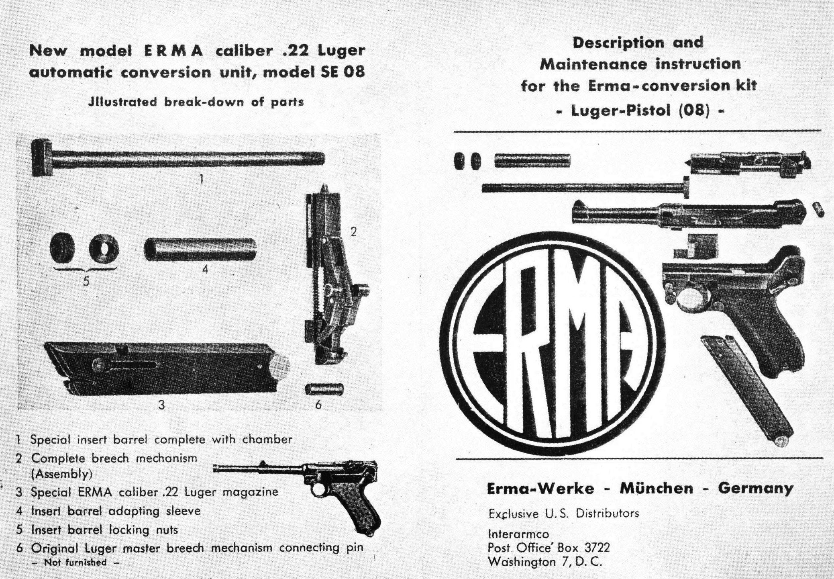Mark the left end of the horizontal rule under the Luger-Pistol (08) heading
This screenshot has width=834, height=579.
point(455,131)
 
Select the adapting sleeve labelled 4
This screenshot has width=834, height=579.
point(200,249)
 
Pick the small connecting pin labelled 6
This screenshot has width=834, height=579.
point(324,389)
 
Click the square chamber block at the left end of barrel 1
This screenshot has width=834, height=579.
point(41,157)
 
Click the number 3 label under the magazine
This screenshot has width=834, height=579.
point(161,404)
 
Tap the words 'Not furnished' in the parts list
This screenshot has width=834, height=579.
point(75,562)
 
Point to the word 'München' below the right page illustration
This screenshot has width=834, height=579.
point(657,488)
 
